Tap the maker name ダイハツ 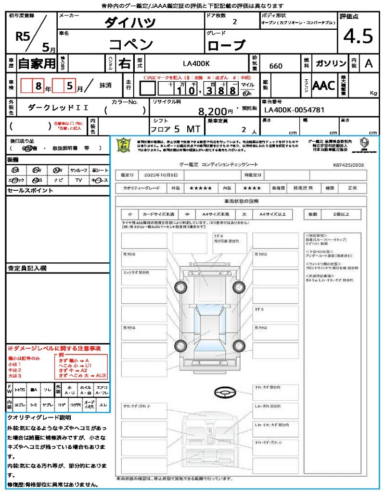click(x=130, y=23)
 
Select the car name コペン click(x=131, y=45)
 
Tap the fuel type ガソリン click(x=331, y=63)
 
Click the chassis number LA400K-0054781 click(x=295, y=110)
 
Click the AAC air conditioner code click(x=324, y=86)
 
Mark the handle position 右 click(x=124, y=63)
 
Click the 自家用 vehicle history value click(x=37, y=63)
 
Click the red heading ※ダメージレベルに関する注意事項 click(x=54, y=347)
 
